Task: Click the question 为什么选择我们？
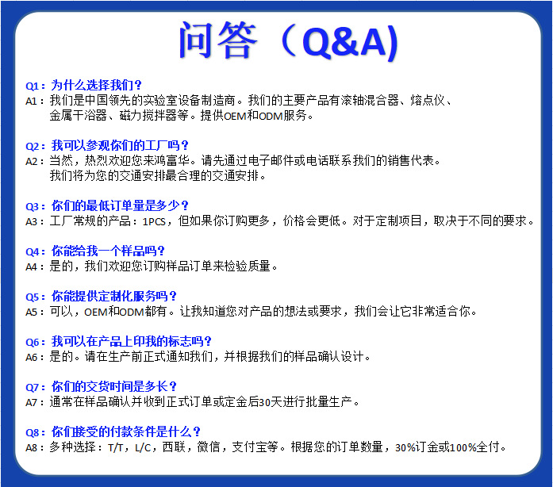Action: click(x=97, y=85)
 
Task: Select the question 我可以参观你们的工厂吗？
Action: click(x=121, y=145)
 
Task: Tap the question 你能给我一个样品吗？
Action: click(x=108, y=251)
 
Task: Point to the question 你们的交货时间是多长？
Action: click(x=113, y=387)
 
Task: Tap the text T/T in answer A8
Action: click(x=117, y=447)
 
